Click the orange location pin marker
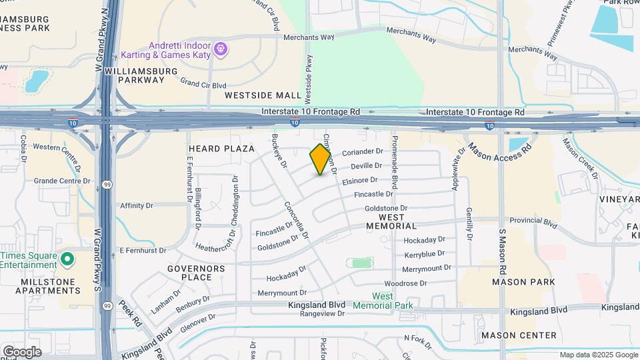click(x=321, y=159)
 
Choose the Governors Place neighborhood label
click(x=197, y=273)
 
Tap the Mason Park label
click(x=523, y=282)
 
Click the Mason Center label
click(x=518, y=335)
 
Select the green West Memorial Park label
click(x=391, y=301)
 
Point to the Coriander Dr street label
click(x=363, y=152)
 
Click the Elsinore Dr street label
click(x=360, y=180)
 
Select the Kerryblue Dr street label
click(x=424, y=255)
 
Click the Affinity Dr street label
click(x=137, y=206)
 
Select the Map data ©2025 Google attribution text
click(x=599, y=355)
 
